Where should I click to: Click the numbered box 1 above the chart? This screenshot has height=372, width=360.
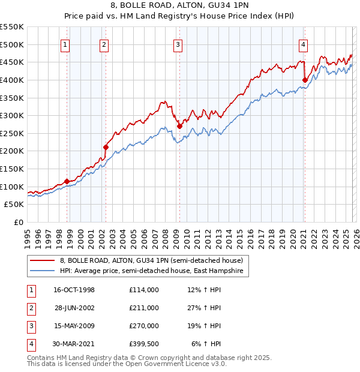[x=64, y=44]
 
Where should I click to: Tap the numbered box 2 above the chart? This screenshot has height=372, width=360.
[x=104, y=44]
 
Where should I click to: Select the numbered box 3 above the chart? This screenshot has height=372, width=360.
[x=178, y=44]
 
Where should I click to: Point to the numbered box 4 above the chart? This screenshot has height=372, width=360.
[x=304, y=44]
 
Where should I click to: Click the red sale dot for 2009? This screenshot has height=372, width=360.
[x=179, y=126]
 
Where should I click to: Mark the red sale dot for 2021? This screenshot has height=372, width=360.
[x=305, y=80]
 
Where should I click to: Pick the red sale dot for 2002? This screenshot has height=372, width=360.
[x=106, y=147]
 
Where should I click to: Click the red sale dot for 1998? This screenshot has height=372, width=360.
[x=67, y=181]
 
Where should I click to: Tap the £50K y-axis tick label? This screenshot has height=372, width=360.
[x=14, y=205]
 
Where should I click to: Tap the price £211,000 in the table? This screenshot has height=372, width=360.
[x=144, y=308]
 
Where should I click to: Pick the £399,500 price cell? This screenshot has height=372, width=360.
[x=144, y=344]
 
